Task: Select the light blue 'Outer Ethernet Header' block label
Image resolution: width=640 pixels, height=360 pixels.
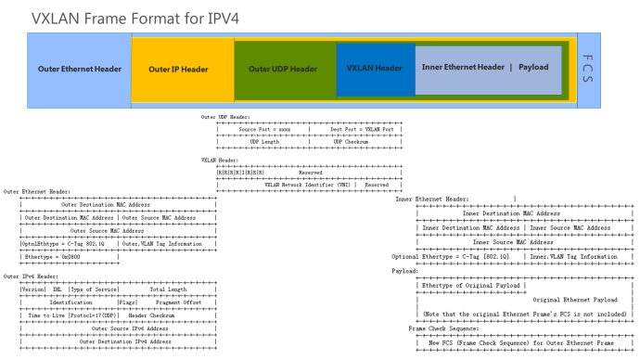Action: (80, 69)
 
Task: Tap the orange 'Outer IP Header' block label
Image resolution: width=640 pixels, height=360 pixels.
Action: (178, 69)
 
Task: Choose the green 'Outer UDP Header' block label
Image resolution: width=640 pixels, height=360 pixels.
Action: (283, 69)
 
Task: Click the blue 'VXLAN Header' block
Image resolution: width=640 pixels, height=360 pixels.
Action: (374, 69)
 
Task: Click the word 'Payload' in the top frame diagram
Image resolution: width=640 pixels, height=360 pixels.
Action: (533, 68)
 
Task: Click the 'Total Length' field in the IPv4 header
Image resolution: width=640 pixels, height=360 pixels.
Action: (168, 289)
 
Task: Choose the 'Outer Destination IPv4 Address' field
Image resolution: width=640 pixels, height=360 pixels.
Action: (118, 341)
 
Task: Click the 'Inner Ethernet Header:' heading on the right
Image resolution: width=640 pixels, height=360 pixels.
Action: (432, 199)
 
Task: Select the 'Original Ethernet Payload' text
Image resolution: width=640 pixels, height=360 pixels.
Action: (575, 300)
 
